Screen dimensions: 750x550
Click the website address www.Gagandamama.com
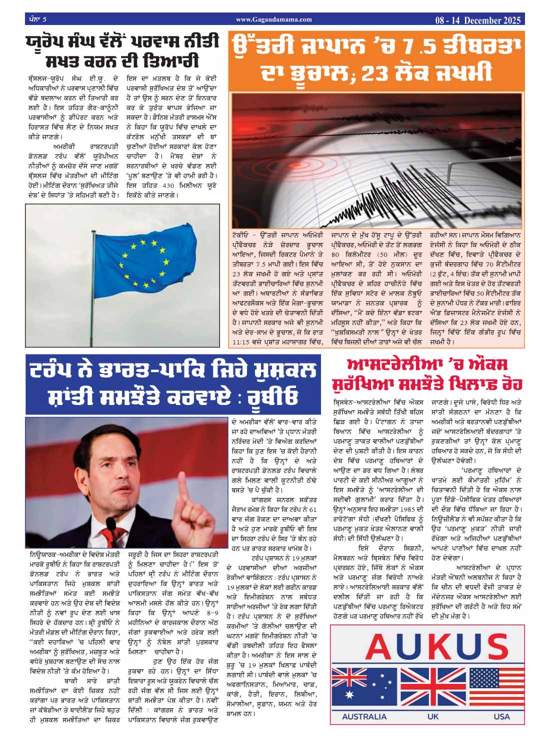pos(273,19)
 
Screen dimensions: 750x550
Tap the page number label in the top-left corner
pos(35,19)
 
